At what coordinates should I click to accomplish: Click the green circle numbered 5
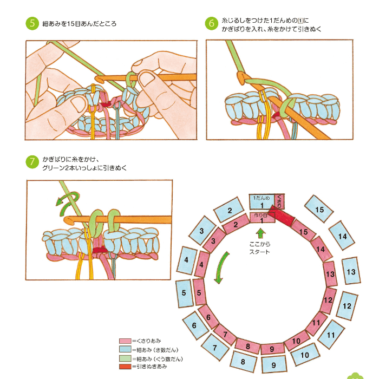pos(32,24)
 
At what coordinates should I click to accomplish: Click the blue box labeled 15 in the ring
pos(319,208)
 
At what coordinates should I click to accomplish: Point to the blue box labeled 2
pos(229,210)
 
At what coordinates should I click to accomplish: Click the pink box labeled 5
pos(198,292)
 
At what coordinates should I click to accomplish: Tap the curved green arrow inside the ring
pos(219,271)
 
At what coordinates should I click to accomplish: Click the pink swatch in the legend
pos(125,342)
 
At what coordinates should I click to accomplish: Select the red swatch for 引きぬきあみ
pos(125,367)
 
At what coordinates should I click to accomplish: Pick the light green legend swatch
pos(125,358)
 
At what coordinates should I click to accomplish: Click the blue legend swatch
pos(125,350)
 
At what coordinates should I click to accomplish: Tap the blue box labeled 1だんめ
pos(262,202)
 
